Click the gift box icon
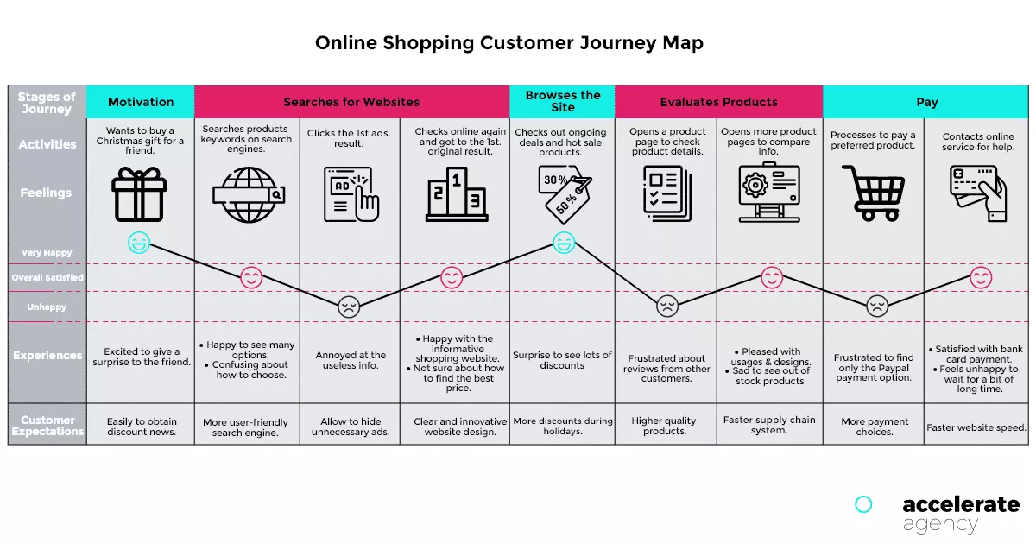point(138,193)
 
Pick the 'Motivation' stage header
point(141,102)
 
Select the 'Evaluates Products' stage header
point(718,102)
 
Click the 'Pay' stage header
point(926,102)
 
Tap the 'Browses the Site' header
point(562,101)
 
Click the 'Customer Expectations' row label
point(47,425)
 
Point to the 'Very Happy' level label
point(47,253)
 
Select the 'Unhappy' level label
point(47,307)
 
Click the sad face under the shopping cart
point(877,306)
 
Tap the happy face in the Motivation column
point(138,243)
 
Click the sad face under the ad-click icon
point(349,307)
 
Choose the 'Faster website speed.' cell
point(976,427)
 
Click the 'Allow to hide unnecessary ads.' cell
point(351,426)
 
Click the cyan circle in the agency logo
point(862,504)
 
